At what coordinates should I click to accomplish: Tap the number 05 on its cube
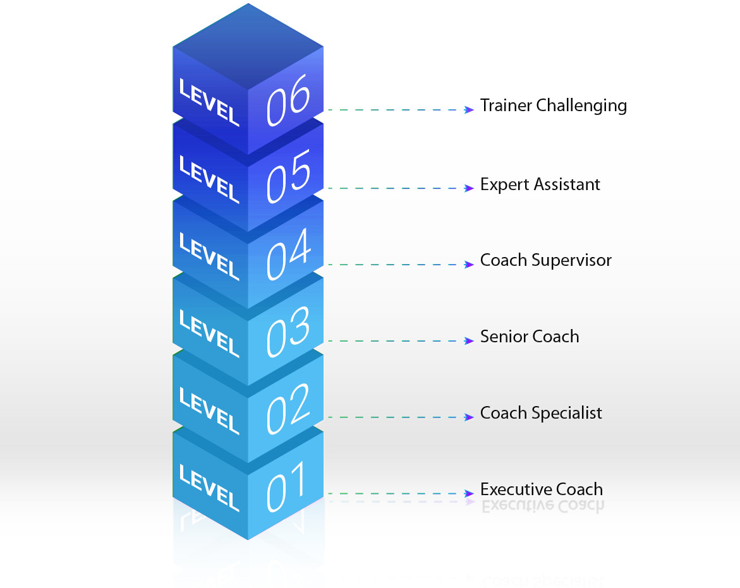point(288,176)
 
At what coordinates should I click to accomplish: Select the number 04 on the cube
point(288,253)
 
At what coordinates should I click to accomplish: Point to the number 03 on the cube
point(288,330)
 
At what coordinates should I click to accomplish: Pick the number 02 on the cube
point(288,407)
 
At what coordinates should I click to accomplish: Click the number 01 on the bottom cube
point(286,485)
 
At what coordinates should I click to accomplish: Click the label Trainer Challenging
point(553,105)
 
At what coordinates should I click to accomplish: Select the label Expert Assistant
point(540,184)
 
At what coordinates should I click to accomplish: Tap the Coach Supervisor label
point(545,260)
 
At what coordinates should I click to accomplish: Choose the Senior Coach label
point(529,337)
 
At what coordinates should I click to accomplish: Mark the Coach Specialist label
point(541,413)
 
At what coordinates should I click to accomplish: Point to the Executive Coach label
point(541,489)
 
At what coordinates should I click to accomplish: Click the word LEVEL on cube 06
point(209,102)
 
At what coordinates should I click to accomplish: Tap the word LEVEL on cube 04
point(209,256)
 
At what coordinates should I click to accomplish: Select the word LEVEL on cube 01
point(209,488)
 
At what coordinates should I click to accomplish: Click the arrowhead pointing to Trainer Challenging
point(469,110)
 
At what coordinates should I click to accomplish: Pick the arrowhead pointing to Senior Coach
point(469,341)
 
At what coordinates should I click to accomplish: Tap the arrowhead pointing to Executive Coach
point(469,493)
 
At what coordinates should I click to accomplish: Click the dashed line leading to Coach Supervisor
point(395,265)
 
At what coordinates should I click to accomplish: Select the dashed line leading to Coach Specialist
point(395,417)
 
